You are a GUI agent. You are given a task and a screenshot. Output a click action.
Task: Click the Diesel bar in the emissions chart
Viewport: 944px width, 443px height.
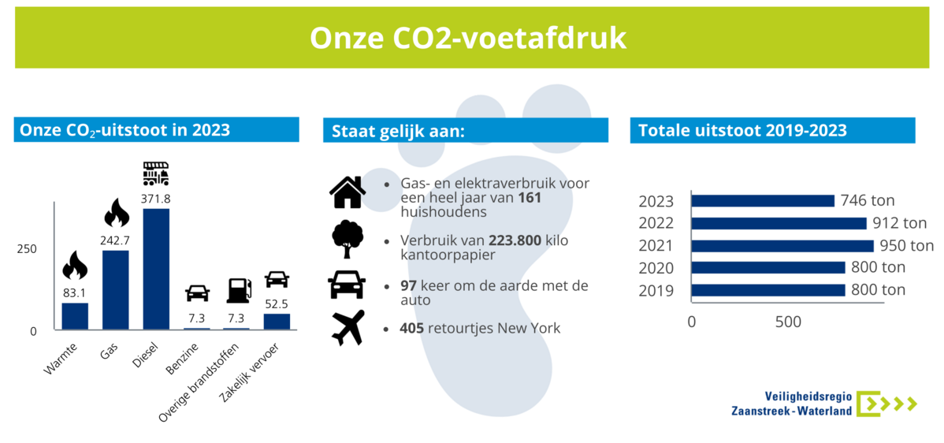pyautogui.click(x=156, y=269)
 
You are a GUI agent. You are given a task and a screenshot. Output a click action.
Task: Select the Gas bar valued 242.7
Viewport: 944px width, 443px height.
pyautogui.click(x=116, y=290)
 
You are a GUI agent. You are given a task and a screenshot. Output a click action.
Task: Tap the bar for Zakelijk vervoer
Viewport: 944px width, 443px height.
pyautogui.click(x=277, y=322)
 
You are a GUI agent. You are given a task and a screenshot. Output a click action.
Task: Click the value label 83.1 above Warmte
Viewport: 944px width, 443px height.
pyautogui.click(x=76, y=294)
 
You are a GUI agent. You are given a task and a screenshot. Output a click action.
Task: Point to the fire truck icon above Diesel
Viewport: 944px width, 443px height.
pyautogui.click(x=156, y=173)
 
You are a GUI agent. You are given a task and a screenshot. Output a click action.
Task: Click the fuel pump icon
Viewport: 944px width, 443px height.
pyautogui.click(x=238, y=291)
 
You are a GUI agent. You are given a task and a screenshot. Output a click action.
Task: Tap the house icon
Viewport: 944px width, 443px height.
pyautogui.click(x=347, y=192)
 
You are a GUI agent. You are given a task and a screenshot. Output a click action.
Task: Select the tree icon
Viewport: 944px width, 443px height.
pyautogui.click(x=347, y=240)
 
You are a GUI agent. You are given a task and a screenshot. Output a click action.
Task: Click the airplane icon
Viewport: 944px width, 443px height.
pyautogui.click(x=348, y=328)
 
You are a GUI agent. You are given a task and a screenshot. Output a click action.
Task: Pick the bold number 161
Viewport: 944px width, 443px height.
pyautogui.click(x=530, y=198)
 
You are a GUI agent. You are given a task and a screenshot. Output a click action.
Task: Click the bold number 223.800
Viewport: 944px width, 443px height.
pyautogui.click(x=515, y=240)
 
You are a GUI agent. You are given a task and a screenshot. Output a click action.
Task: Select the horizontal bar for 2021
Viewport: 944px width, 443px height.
pyautogui.click(x=782, y=246)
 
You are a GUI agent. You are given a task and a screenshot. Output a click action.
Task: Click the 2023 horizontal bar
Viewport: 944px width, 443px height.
pyautogui.click(x=763, y=201)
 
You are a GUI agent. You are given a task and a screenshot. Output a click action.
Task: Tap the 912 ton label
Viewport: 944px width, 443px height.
pyautogui.click(x=894, y=223)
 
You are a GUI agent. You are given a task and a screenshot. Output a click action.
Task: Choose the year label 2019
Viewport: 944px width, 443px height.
pyautogui.click(x=656, y=291)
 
